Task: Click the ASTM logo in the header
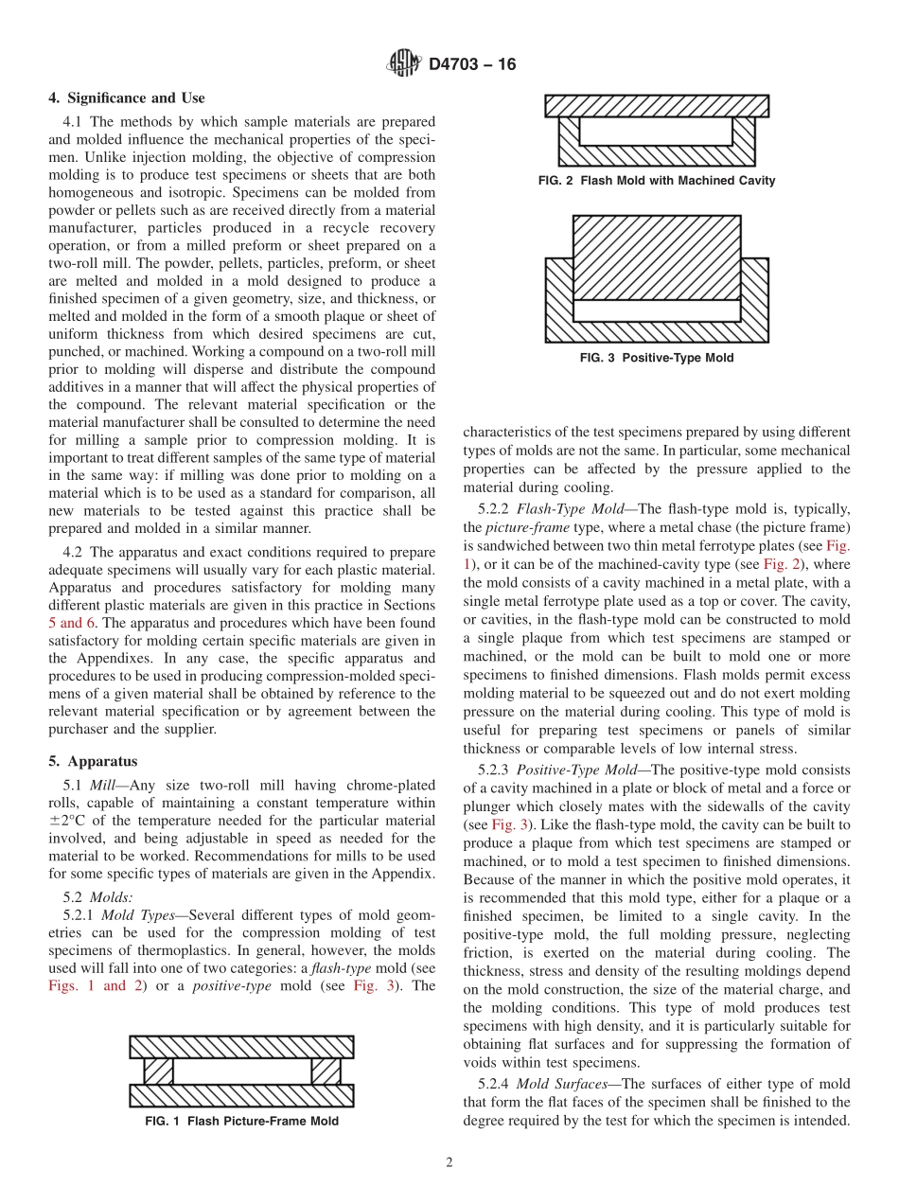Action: tap(404, 64)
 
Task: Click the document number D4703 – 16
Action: tap(472, 65)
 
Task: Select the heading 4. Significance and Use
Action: tap(127, 98)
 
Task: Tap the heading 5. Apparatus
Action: tap(93, 761)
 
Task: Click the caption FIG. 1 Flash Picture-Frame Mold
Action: tap(241, 1121)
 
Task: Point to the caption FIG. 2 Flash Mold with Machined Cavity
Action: tap(656, 180)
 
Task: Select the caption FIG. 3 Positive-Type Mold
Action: tap(656, 358)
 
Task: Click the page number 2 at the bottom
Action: tap(449, 1162)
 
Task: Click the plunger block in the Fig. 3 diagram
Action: tap(657, 257)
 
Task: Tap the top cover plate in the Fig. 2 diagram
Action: tap(657, 105)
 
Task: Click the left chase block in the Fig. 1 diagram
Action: tap(159, 1071)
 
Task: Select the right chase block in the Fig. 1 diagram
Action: tap(326, 1071)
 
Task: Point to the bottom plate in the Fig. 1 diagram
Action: tap(241, 1095)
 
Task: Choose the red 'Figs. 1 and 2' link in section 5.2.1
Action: tap(87, 985)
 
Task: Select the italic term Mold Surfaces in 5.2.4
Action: tap(562, 1084)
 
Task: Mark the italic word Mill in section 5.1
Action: tap(103, 785)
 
